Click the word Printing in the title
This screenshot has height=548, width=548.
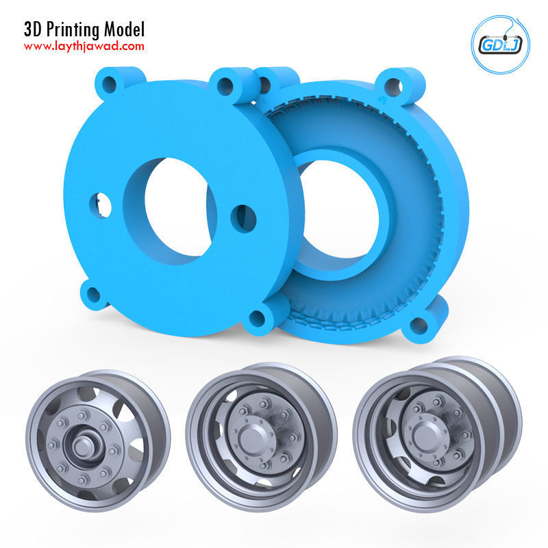pos(73,29)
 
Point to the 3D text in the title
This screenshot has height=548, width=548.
pos(33,29)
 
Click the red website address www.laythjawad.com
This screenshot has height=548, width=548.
pos(84,47)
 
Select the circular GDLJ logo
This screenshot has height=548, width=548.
pos(497,44)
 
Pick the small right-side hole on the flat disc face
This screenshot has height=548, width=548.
pos(244,218)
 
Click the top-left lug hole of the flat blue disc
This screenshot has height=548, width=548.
pos(109,85)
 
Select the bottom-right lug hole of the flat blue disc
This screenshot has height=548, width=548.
pos(258,318)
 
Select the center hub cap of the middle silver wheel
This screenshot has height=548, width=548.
pos(249,436)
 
